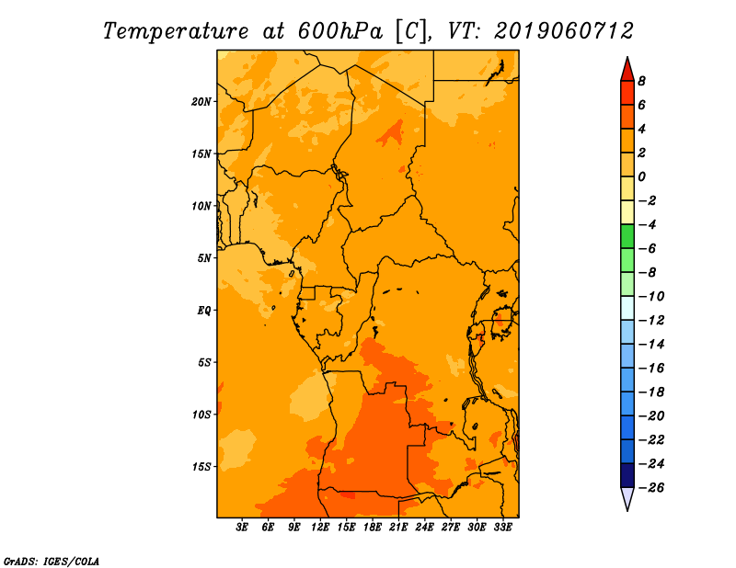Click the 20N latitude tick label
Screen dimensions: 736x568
(201, 102)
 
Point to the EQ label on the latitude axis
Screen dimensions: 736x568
(204, 311)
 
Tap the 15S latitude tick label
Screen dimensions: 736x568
(201, 467)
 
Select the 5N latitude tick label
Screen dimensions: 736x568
(204, 258)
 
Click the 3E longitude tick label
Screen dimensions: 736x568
(242, 527)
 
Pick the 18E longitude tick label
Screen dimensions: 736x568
(373, 527)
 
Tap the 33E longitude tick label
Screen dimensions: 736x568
(502, 527)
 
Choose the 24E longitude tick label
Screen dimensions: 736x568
(424, 527)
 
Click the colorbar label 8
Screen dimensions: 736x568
(641, 81)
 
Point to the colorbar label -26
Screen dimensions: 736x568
(651, 488)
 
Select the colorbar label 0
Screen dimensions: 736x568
(641, 176)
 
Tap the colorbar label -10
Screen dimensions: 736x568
(651, 297)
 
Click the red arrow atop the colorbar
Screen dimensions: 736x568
(627, 70)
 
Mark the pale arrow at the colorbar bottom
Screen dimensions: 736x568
(627, 498)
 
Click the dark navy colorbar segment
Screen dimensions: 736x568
(627, 475)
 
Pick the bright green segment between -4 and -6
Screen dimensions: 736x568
(627, 236)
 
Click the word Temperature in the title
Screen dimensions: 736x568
(176, 31)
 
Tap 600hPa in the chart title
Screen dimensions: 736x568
(339, 31)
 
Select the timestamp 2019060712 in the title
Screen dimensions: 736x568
(564, 31)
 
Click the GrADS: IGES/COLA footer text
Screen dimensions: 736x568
(52, 562)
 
